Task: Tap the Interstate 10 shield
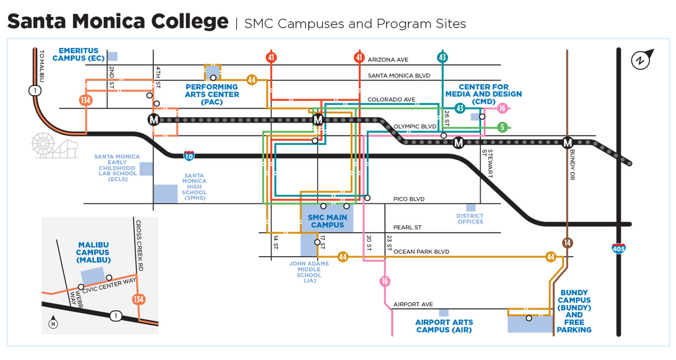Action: tap(189, 156)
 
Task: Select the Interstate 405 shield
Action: tap(619, 248)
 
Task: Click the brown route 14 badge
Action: tap(567, 243)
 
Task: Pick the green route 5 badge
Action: tap(501, 127)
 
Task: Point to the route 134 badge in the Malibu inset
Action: tap(139, 299)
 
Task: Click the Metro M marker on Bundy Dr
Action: tap(567, 143)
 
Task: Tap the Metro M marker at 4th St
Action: tap(154, 120)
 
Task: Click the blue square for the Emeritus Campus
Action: tap(112, 56)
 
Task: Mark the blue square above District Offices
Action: tap(471, 207)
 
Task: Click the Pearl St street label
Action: tap(407, 227)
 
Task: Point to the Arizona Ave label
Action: tap(388, 60)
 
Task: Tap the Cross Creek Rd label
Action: tap(139, 246)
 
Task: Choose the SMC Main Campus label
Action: tap(328, 221)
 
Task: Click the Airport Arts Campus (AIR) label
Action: tap(444, 326)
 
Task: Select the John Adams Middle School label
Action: tap(309, 272)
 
